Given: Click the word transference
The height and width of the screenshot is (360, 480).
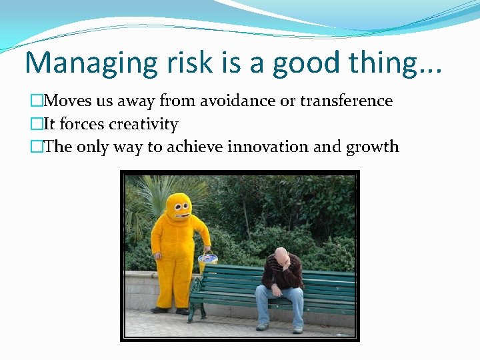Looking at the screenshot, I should (347, 101).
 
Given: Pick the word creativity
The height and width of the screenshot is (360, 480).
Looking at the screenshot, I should (143, 124).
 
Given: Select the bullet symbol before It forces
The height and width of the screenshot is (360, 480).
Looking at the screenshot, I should (36, 125).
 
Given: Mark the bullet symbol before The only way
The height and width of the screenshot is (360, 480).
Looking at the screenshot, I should (36, 147).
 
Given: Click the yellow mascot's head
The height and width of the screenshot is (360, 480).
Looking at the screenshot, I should (179, 209).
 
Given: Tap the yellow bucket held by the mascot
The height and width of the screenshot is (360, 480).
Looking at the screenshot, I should (208, 261).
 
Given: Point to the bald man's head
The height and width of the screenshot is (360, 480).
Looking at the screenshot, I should (282, 255).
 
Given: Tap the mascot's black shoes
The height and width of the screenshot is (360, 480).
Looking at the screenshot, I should (171, 310).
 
